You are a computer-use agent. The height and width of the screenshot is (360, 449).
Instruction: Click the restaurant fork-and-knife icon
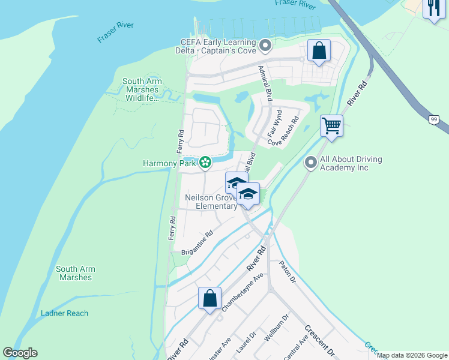[x=433, y=9]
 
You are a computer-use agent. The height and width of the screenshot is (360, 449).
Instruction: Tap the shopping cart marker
[x=331, y=126]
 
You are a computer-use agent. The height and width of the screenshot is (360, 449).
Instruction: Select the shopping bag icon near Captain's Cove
[x=319, y=51]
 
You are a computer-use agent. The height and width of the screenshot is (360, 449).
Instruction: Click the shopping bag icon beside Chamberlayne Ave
[x=209, y=298]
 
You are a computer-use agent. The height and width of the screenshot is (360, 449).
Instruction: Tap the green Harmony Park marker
[x=205, y=163]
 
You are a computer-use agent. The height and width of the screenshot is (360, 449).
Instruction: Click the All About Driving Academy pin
[x=311, y=163]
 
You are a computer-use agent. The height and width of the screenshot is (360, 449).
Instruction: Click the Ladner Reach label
[x=65, y=313]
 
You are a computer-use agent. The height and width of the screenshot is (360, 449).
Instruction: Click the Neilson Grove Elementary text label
[x=211, y=202]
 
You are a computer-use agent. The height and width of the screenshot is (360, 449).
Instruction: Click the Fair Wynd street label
[x=274, y=122]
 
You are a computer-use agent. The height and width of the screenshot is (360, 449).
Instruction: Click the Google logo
[x=20, y=353]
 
